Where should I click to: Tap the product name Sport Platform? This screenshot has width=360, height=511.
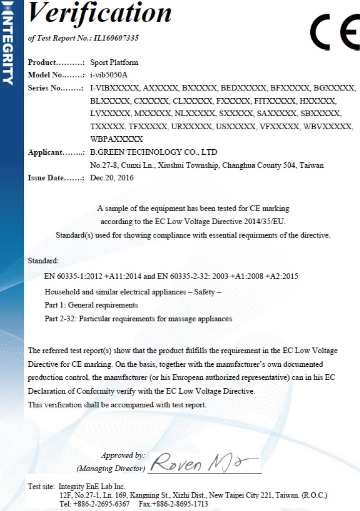tap(114, 63)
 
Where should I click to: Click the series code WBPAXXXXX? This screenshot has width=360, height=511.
tap(117, 138)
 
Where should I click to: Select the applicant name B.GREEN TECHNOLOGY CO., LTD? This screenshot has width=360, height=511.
tap(154, 152)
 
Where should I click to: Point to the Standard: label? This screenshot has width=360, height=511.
tap(43, 260)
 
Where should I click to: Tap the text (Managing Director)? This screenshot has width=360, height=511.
tap(111, 469)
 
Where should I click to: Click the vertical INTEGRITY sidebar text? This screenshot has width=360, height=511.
tap(8, 42)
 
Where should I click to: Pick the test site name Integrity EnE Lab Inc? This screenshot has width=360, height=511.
tap(92, 486)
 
